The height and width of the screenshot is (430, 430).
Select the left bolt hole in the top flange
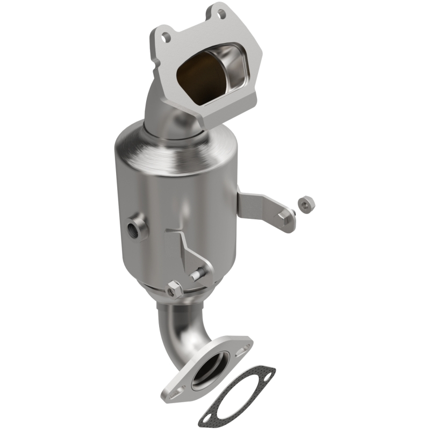click(167, 37)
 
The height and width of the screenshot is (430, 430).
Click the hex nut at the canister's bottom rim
click(175, 290)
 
